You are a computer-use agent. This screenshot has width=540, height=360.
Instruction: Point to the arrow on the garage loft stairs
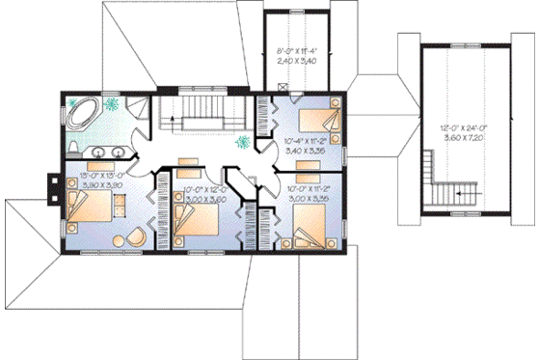[462, 194]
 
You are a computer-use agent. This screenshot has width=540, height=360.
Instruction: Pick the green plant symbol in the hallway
[243, 141]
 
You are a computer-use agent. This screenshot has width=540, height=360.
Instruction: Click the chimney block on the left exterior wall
[55, 181]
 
